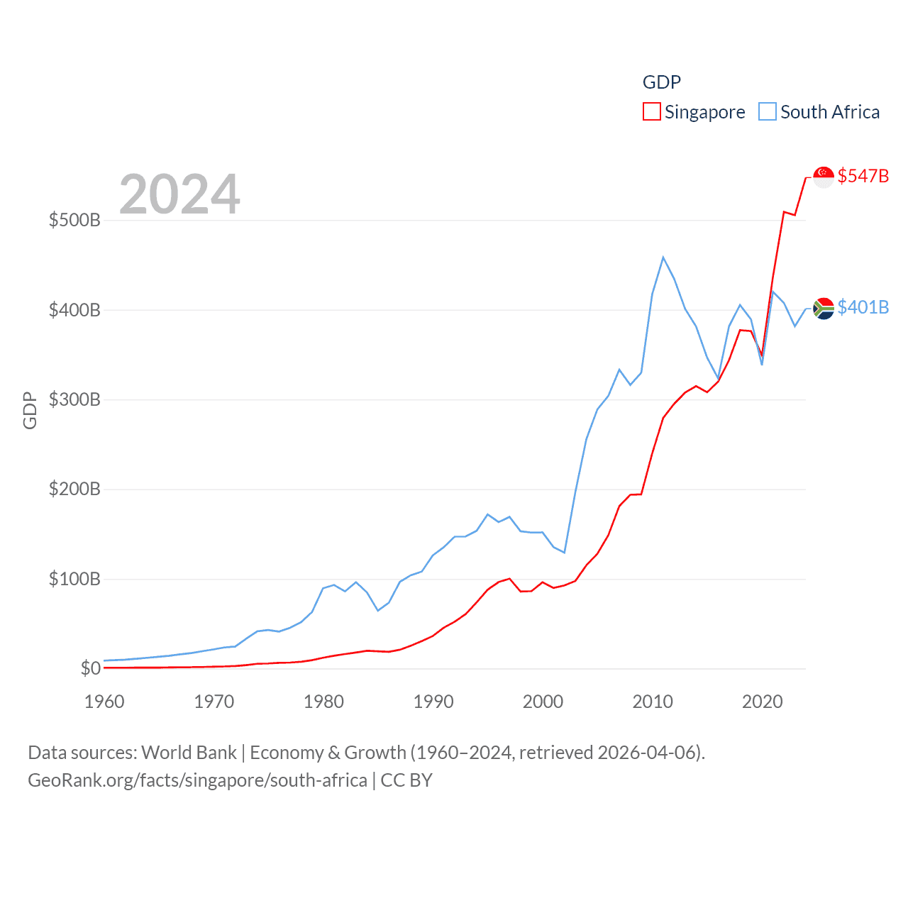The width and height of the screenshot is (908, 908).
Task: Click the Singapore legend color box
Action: pos(651,112)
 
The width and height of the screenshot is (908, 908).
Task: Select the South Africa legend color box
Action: pos(768,112)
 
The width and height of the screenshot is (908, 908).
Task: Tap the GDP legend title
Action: pos(661,82)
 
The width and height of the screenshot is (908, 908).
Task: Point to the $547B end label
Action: pos(863,176)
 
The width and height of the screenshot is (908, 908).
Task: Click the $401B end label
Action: pos(863,307)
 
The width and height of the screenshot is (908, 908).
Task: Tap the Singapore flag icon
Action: pos(824,177)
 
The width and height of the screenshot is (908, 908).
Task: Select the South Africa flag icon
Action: pos(824,308)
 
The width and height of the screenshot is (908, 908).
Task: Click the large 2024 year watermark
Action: pos(179,194)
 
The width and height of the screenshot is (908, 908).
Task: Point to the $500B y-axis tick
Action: pos(74,220)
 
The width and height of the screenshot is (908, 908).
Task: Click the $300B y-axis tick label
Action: pos(74,399)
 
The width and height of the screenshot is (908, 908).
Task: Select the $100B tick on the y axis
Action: pos(74,579)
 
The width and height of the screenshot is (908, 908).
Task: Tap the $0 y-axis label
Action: pos(90,668)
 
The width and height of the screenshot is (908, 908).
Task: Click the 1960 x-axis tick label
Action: pos(104,702)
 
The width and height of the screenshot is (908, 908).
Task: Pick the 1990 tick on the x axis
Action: pos(433,702)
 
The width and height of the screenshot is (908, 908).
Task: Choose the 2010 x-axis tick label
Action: pos(653,702)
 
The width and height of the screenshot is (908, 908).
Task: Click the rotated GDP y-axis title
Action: pos(30,410)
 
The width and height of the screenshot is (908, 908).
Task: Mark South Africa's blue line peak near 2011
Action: pos(663,258)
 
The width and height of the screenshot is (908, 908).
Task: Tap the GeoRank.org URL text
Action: pos(197,780)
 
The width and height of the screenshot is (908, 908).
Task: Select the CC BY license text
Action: pos(406,780)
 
